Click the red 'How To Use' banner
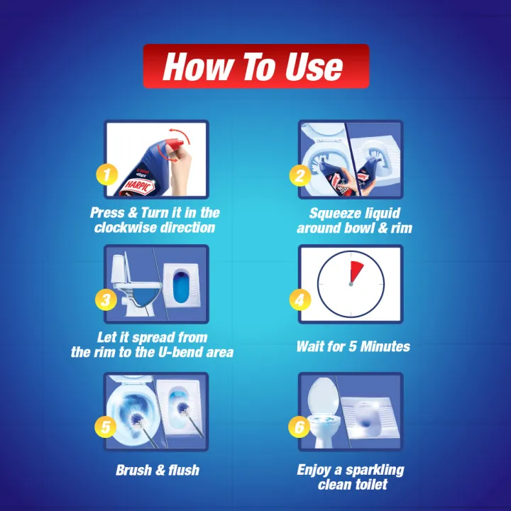coord(255,66)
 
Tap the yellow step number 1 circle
coord(107,175)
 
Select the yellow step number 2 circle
coord(300,175)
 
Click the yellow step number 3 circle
coord(106,300)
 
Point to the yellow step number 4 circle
coord(300,300)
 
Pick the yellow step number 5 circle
coord(106,427)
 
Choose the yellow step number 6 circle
coord(300,427)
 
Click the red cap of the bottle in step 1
coord(176,144)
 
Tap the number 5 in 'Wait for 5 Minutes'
coord(352,346)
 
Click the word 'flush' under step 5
coord(184,470)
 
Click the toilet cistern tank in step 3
coord(119,269)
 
